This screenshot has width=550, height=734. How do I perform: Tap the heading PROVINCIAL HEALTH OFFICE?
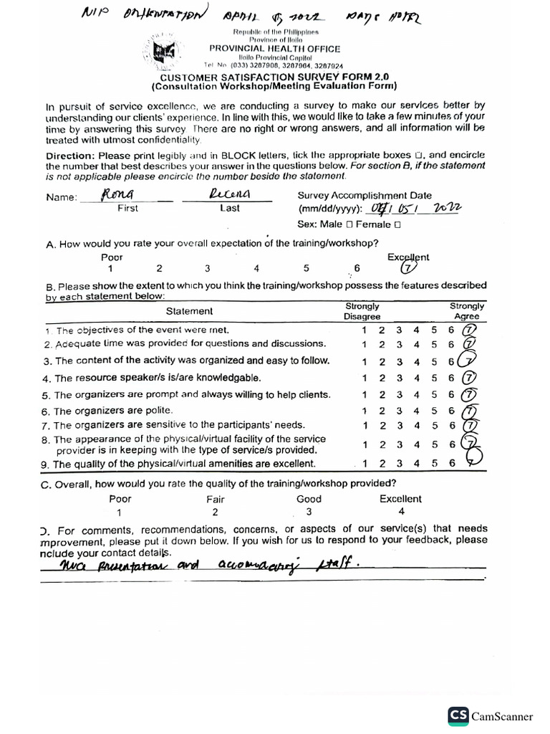point(274,49)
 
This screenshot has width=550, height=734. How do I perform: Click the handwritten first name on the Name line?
point(118,194)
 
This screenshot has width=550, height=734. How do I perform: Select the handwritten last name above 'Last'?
point(228,194)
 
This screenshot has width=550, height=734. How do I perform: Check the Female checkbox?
point(397,224)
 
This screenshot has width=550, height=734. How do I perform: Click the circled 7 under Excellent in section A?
point(407,269)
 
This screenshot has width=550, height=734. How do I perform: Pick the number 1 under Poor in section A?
point(110,269)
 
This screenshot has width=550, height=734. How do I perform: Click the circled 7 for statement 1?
point(469,330)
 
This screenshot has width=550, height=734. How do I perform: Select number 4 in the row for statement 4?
point(416,378)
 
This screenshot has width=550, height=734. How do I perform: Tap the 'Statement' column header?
point(189,311)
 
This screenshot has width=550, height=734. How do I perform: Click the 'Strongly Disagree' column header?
point(362,311)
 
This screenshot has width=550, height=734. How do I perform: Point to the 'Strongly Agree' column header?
point(467,311)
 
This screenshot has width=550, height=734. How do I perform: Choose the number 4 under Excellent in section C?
point(401,512)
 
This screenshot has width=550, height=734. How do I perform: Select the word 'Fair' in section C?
point(216,499)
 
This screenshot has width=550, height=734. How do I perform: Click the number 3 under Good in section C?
point(309,512)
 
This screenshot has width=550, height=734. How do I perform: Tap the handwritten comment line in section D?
point(208,566)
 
